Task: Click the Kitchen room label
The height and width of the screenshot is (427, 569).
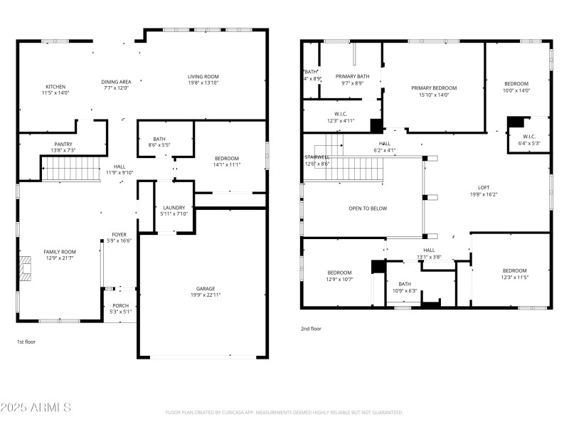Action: [55, 87]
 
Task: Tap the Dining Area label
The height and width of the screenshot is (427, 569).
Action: [116, 82]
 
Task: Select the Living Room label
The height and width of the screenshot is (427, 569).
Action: [203, 77]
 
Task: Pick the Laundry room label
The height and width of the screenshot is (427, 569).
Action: [174, 208]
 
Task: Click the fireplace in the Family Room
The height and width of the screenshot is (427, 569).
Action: [26, 269]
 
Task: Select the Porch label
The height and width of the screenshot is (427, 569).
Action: [121, 305]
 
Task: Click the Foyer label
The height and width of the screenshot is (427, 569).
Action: [119, 235]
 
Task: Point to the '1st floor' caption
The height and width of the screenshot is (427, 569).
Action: [27, 342]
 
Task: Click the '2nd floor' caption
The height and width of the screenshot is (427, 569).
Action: [311, 329]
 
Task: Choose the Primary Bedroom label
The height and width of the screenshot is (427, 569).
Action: [434, 88]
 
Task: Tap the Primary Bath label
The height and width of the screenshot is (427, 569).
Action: [352, 76]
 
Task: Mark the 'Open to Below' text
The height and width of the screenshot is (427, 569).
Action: [368, 209]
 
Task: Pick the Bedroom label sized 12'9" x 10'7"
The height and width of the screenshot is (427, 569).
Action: [339, 273]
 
